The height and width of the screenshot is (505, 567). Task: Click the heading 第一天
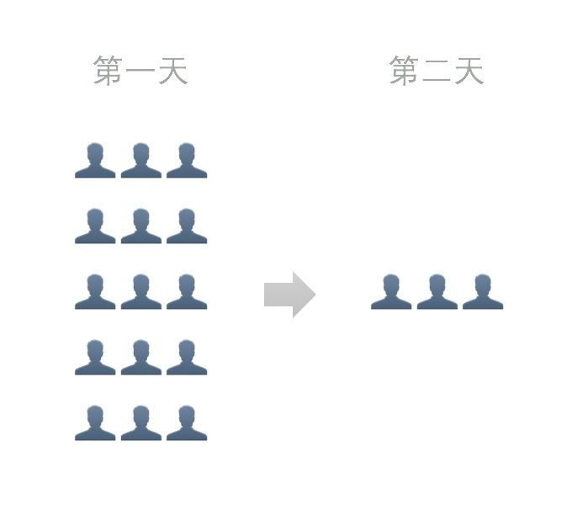pyautogui.click(x=140, y=71)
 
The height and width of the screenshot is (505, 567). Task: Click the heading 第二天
pyautogui.click(x=436, y=71)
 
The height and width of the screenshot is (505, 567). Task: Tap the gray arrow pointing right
pyautogui.click(x=289, y=295)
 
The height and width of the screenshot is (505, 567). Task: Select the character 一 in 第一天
pyautogui.click(x=140, y=72)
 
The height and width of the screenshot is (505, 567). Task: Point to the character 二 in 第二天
pyautogui.click(x=436, y=72)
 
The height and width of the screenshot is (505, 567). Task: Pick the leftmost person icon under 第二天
pyautogui.click(x=391, y=292)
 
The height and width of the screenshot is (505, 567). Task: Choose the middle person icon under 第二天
pyautogui.click(x=437, y=292)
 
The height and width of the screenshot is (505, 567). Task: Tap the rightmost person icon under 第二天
pyautogui.click(x=482, y=292)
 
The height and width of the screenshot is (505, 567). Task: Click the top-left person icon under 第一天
pyautogui.click(x=95, y=161)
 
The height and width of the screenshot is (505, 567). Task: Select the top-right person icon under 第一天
pyautogui.click(x=186, y=161)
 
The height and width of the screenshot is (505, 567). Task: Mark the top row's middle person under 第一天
pyautogui.click(x=140, y=161)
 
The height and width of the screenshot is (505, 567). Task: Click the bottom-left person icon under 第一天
pyautogui.click(x=95, y=423)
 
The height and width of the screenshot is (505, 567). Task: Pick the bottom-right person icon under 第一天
pyautogui.click(x=186, y=423)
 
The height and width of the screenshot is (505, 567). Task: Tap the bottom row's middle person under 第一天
pyautogui.click(x=140, y=423)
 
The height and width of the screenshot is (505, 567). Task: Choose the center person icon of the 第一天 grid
pyautogui.click(x=140, y=292)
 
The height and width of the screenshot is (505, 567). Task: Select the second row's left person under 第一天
pyautogui.click(x=95, y=226)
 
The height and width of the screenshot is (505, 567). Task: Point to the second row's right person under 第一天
pyautogui.click(x=186, y=226)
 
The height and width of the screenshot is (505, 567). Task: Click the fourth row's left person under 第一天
pyautogui.click(x=95, y=358)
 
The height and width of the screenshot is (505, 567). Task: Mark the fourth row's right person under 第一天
pyautogui.click(x=186, y=358)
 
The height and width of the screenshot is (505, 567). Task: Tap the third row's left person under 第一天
pyautogui.click(x=95, y=292)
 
